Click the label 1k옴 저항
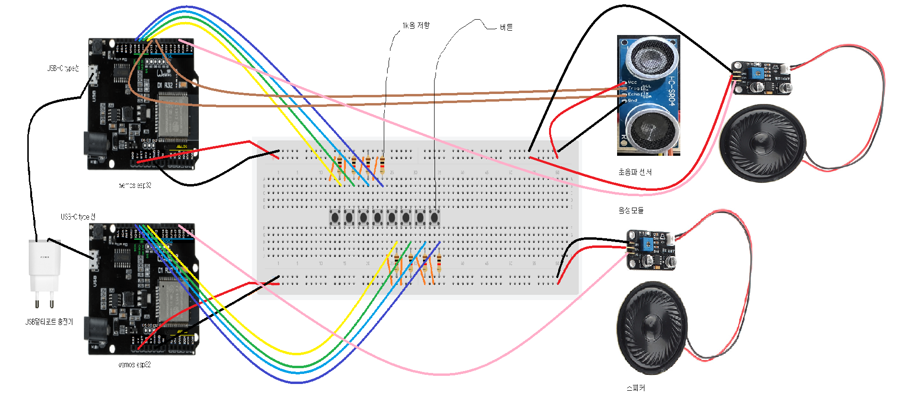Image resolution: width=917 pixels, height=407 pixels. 416,25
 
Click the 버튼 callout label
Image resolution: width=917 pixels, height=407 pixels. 506,27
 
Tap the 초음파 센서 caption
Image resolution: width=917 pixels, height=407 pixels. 635,172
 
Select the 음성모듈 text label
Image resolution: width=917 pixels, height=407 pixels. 630,210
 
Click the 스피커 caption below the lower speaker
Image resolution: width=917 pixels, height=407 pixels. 635,387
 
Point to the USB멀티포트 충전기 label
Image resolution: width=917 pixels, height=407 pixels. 49,322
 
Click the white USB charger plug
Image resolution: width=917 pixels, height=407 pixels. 45,266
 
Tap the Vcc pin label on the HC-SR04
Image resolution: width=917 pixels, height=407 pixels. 632,82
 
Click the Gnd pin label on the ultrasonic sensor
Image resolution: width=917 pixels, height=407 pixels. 632,100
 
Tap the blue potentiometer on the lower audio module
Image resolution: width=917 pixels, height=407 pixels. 648,244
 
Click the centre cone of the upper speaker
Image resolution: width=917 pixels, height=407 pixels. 762,142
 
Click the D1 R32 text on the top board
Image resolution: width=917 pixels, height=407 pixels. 165,85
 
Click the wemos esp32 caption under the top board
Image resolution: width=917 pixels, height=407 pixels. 135,185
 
